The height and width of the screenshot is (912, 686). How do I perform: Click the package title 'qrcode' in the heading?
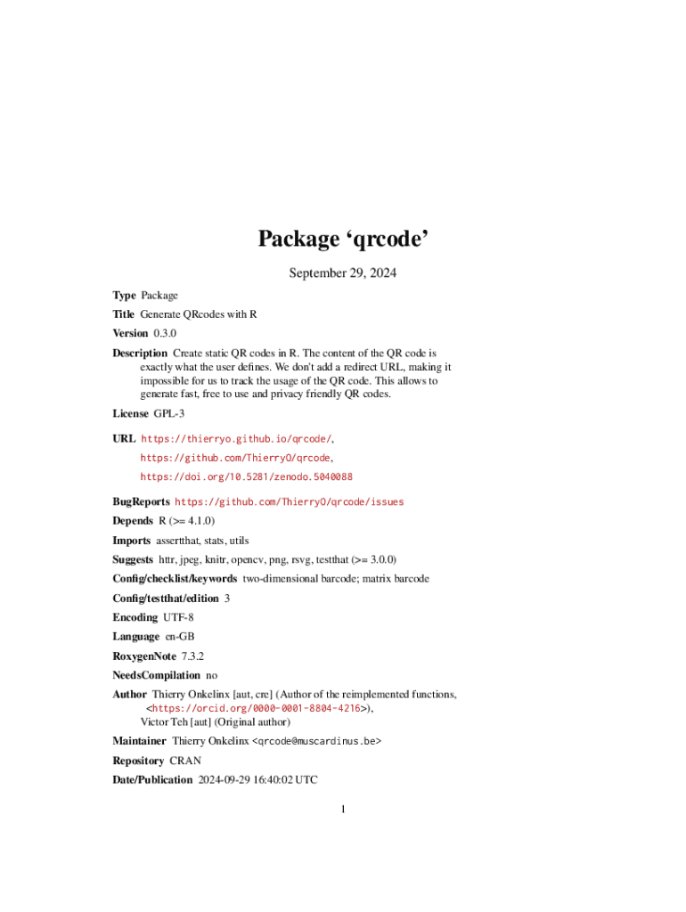point(389,240)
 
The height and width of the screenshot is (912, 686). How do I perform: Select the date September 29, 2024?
point(342,273)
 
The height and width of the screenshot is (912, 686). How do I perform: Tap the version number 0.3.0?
point(166,333)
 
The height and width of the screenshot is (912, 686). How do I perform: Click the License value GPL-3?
point(168,413)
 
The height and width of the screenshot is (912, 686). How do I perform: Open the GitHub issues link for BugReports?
point(289,502)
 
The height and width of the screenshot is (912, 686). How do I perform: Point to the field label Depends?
point(132,521)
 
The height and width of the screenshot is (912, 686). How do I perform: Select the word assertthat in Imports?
point(179,541)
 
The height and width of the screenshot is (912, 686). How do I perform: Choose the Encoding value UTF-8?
point(178,617)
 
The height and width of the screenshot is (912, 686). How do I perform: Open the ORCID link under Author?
point(253,708)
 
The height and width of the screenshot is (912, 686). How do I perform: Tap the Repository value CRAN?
point(185,761)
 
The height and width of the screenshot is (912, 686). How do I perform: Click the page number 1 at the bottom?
point(343,809)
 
